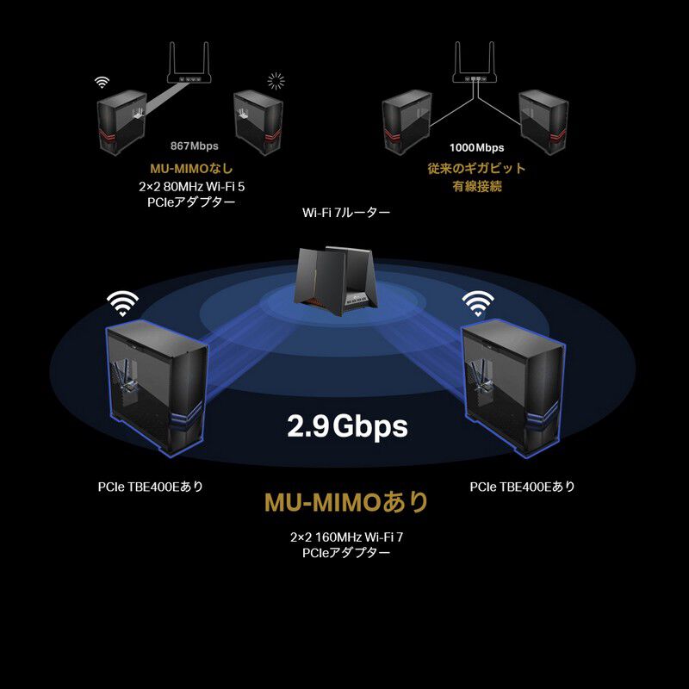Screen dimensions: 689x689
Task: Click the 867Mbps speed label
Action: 195,146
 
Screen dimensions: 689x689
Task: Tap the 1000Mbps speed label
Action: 477,147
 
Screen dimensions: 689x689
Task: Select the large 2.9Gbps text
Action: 347,425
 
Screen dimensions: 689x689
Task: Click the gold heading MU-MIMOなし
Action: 191,168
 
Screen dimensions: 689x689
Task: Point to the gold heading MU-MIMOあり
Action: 346,502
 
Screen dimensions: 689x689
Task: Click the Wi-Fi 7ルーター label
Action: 346,213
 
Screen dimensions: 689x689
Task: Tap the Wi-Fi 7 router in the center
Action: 336,281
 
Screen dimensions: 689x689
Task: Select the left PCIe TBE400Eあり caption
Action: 151,487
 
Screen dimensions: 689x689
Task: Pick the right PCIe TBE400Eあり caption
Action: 523,487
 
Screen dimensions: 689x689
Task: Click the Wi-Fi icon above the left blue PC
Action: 122,304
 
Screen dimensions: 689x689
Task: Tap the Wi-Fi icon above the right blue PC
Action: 478,304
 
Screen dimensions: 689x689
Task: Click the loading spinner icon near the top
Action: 276,81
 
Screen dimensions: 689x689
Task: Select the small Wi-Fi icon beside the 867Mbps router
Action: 102,82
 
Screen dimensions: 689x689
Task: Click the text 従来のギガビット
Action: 477,168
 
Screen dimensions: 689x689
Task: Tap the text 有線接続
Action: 477,186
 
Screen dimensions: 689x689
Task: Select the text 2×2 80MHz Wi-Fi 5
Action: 191,187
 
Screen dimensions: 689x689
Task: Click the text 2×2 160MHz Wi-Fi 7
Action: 346,537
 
